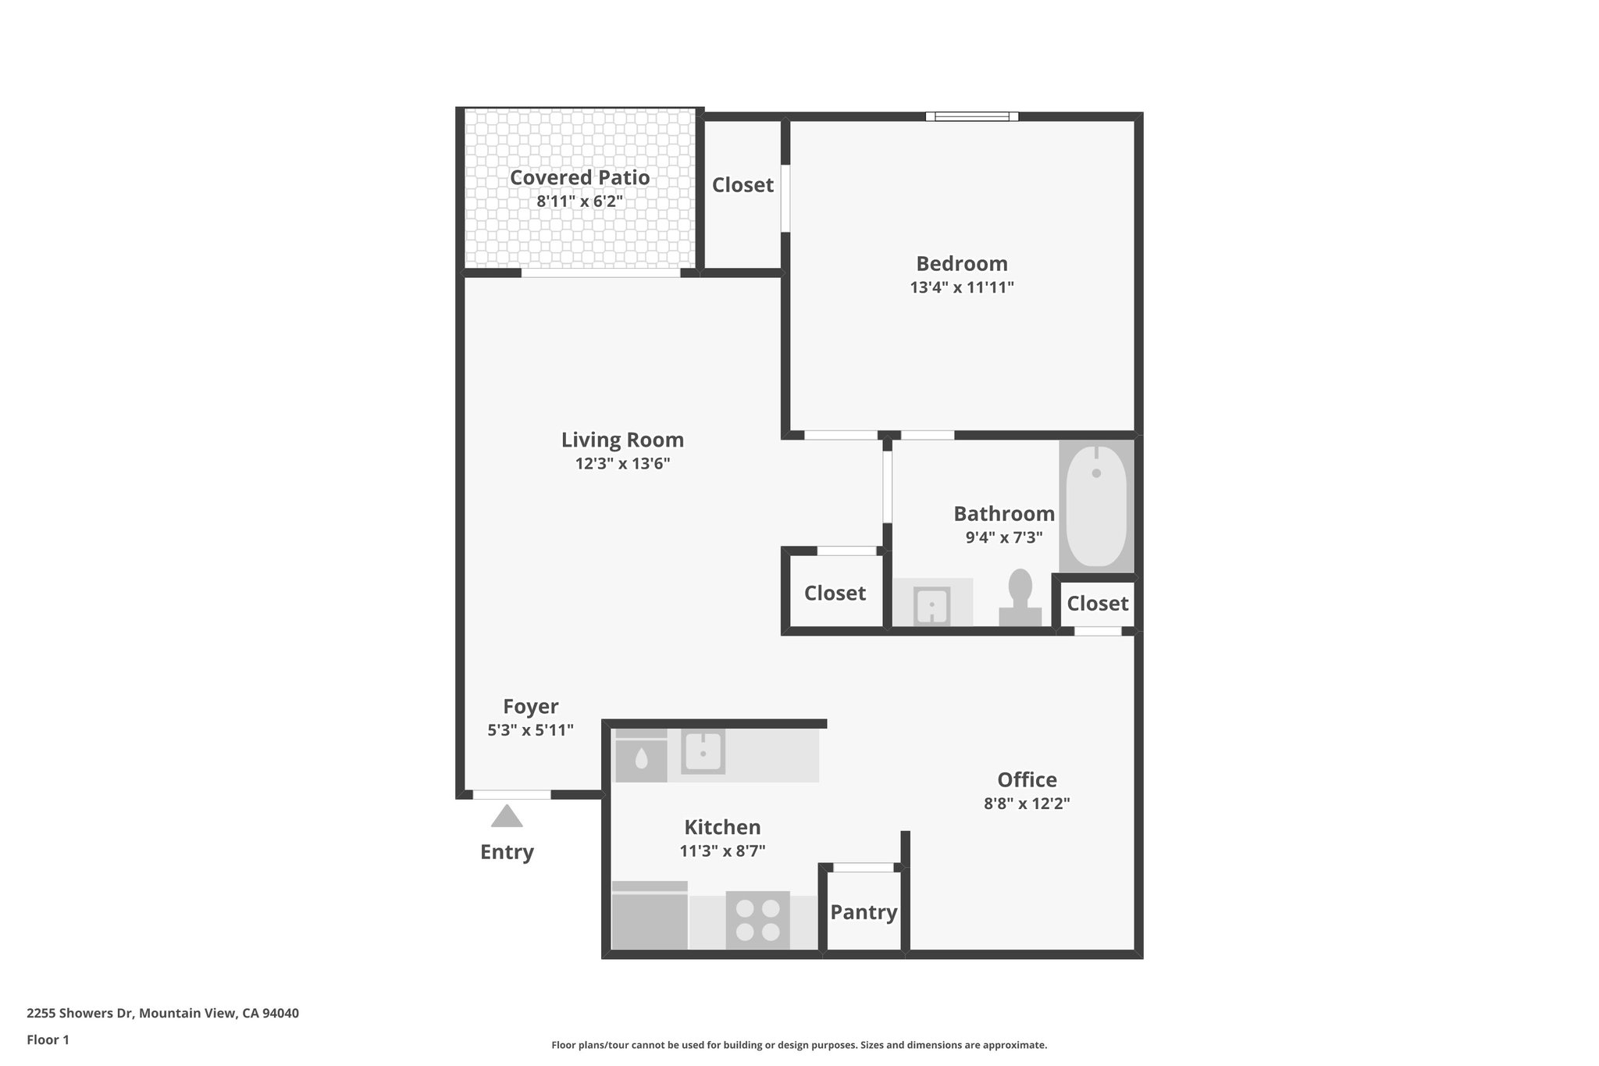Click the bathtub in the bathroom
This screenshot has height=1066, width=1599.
click(x=1096, y=505)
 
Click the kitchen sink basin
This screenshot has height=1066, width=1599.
click(x=703, y=752)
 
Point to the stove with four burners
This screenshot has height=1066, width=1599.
click(x=757, y=920)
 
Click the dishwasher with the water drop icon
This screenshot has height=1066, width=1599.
click(x=641, y=758)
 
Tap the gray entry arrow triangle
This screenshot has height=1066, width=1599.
click(x=507, y=817)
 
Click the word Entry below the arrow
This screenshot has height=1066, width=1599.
click(x=507, y=852)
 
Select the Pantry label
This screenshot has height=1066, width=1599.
click(x=864, y=912)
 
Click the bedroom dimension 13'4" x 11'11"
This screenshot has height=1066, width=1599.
click(x=962, y=287)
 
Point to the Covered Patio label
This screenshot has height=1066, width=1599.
click(x=579, y=178)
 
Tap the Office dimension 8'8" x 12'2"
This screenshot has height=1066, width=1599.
click(x=1027, y=804)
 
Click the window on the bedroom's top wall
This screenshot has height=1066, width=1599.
click(x=972, y=116)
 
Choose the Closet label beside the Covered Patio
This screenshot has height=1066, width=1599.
click(x=743, y=185)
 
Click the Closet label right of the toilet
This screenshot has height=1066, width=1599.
click(x=1097, y=604)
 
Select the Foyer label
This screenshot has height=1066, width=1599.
click(x=531, y=707)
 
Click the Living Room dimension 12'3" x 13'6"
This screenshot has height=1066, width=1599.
click(x=622, y=464)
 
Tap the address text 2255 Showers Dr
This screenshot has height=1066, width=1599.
click(x=162, y=1014)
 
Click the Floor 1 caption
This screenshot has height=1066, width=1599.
click(x=48, y=1040)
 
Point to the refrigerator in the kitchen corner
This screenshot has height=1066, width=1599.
click(x=650, y=918)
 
